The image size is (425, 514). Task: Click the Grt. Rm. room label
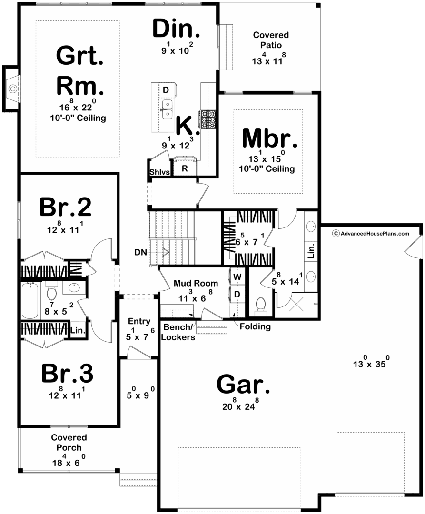coord(80,70)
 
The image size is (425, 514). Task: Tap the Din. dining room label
coord(176,29)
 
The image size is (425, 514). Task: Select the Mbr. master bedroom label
coord(269,138)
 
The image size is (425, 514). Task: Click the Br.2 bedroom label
coord(66,207)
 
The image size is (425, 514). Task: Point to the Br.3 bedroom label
coord(67,373)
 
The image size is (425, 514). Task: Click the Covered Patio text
coord(271,40)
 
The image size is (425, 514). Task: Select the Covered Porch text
coord(69,442)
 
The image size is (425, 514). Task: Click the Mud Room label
coord(196,283)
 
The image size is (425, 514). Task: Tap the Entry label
coord(139,321)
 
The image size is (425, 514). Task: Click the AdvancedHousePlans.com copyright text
coord(371,233)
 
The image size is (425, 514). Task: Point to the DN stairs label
coord(140,252)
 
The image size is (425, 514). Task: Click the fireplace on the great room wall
coord(11,89)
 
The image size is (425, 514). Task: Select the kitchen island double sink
coord(167,109)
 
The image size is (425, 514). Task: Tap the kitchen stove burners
coord(207,119)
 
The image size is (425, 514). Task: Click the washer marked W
coord(237,277)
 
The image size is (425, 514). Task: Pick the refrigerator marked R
coord(185,168)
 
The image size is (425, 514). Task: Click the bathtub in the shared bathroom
coord(30,301)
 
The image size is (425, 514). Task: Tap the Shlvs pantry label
coord(160,172)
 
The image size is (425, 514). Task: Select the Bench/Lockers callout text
coord(178,332)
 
